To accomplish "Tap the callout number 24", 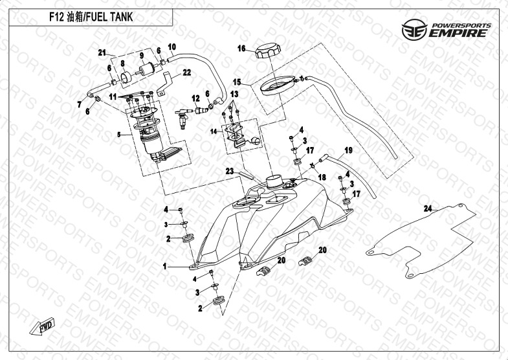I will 426,208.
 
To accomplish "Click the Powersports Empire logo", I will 447,30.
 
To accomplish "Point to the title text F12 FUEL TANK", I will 90,17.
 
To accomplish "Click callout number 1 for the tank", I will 165,265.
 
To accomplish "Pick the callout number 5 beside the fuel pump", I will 118,135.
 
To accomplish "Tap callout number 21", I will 102,52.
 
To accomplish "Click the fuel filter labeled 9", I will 148,66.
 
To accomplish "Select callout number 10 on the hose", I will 172,47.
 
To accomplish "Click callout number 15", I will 237,82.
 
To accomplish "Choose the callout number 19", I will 348,151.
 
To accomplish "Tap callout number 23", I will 229,171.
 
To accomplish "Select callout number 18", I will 322,177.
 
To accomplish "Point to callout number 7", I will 79,104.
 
